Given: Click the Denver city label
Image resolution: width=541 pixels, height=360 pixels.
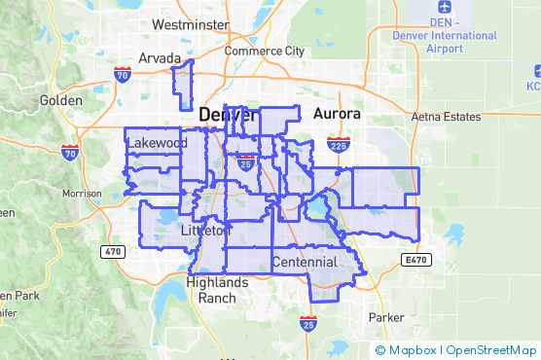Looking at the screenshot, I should pos(229,116).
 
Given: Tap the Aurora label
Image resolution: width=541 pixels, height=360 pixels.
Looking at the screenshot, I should pos(338,114).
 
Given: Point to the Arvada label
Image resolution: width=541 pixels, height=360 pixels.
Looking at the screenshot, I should pos(160,57).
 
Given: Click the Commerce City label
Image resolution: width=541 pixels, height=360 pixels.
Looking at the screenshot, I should pos(264,51).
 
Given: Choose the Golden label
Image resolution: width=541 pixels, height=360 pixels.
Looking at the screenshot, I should pos(61,100).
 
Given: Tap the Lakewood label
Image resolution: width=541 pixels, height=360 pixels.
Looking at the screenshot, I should pos(157,143).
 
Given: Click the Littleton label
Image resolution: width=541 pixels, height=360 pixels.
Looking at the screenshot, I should pos(205,231).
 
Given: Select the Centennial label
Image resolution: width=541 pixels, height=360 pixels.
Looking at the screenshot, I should pos(305,262).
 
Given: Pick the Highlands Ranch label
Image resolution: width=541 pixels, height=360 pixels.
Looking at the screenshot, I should pos(216,290).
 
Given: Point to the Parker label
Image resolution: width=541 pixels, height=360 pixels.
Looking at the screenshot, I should pos(386,317).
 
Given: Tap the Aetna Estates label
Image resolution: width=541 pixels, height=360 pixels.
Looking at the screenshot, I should pos(447,117).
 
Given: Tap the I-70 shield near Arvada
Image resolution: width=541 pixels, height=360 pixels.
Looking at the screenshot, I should pos(122,73).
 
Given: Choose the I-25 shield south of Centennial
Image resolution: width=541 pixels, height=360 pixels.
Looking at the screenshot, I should pos(308,323).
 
